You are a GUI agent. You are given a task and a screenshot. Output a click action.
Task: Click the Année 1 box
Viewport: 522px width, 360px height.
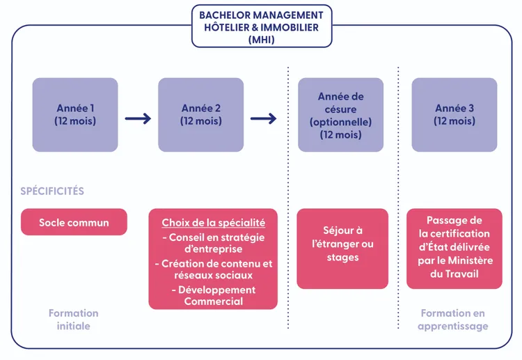[x=75, y=114]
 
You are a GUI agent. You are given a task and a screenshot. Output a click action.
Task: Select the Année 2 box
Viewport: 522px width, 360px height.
[x=200, y=114]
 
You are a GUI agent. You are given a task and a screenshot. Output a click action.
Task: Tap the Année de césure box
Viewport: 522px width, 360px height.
[x=340, y=114]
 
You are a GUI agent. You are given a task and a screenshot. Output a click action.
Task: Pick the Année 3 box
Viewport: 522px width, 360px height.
[x=454, y=114]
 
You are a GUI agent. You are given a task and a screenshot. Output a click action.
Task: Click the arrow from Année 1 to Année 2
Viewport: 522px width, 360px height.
[x=138, y=118]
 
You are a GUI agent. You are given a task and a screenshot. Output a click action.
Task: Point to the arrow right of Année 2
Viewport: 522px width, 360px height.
[x=263, y=118]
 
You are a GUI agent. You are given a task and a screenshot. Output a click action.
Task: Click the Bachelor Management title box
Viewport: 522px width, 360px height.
[x=261, y=26]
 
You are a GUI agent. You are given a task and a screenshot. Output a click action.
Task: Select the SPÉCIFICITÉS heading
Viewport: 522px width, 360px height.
[x=52, y=191]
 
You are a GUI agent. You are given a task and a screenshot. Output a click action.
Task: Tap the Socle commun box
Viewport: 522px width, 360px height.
[x=74, y=222]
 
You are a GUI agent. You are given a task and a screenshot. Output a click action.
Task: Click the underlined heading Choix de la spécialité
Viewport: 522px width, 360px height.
[x=213, y=223]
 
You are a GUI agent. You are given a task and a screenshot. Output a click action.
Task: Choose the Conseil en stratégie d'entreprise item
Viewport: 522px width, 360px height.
[x=213, y=243]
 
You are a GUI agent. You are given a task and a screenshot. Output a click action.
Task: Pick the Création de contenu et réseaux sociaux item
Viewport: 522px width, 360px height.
[x=213, y=269]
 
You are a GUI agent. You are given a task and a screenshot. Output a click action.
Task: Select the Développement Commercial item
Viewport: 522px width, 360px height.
[x=213, y=295]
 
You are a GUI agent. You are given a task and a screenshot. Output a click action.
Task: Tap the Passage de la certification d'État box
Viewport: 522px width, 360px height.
[x=454, y=247]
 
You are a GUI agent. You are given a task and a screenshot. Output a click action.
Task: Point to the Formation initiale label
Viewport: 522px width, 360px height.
[x=73, y=319]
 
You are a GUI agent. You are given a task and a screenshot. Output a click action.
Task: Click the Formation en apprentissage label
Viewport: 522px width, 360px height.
[x=452, y=319]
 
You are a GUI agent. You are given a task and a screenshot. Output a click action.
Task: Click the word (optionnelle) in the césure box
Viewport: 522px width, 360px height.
[x=340, y=122]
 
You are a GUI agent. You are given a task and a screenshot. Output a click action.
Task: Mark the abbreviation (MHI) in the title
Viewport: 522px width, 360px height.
[x=261, y=40]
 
